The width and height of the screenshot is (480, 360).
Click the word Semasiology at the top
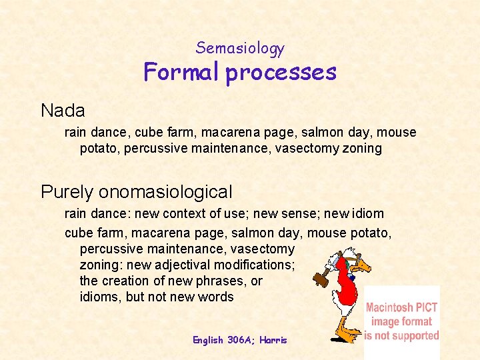240,48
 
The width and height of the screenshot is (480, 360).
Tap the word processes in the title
281,73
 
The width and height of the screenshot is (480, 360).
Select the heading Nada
63,109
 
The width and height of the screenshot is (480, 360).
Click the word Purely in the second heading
67,192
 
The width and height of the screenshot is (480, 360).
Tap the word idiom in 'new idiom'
368,214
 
